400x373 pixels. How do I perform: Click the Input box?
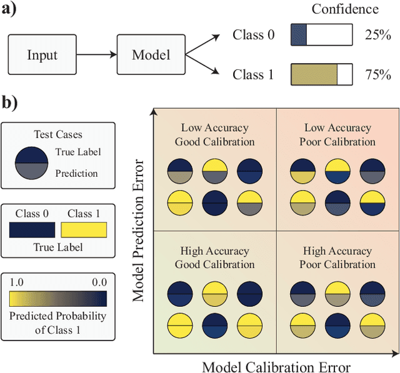(41, 54)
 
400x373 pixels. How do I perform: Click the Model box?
(151, 54)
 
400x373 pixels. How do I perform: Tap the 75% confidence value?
(377, 75)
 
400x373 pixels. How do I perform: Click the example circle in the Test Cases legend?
(31, 161)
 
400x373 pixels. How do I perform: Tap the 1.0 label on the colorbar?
(18, 282)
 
